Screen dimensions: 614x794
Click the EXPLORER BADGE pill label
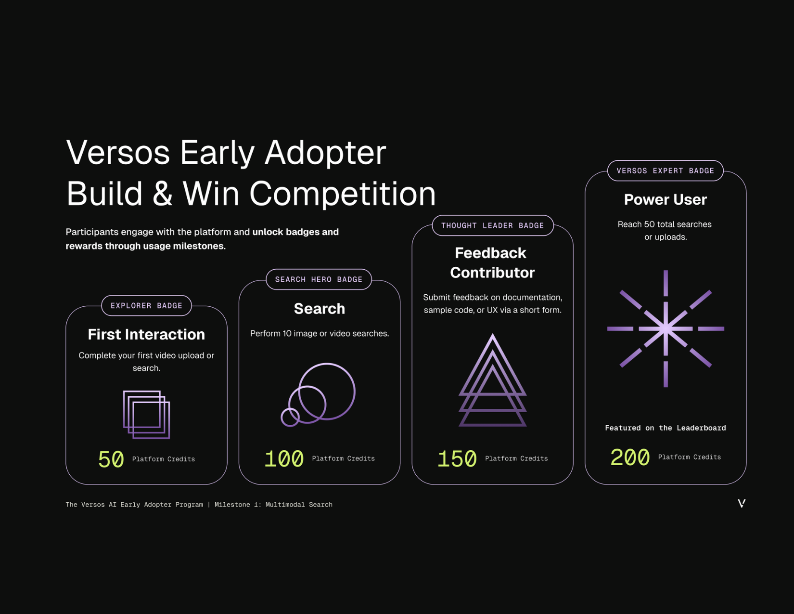[x=146, y=306]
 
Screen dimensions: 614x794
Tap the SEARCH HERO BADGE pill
[x=319, y=279]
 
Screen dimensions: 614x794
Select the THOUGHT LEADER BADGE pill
[x=492, y=225]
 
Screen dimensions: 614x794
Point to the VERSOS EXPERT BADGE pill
[x=665, y=171]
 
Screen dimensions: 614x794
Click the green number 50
[x=111, y=459]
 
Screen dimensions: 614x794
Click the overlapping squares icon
[x=146, y=415]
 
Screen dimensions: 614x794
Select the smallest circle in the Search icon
[x=290, y=417]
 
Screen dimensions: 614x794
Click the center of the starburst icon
[x=666, y=329]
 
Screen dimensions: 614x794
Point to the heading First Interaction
[x=146, y=334]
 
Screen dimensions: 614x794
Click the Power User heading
[x=665, y=199]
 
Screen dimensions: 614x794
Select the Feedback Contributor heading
[x=492, y=262]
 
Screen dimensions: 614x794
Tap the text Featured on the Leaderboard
[x=665, y=428]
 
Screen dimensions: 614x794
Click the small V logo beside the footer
[x=742, y=503]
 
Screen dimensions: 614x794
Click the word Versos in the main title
[x=118, y=153]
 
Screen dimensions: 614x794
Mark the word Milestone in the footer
[x=232, y=505]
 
